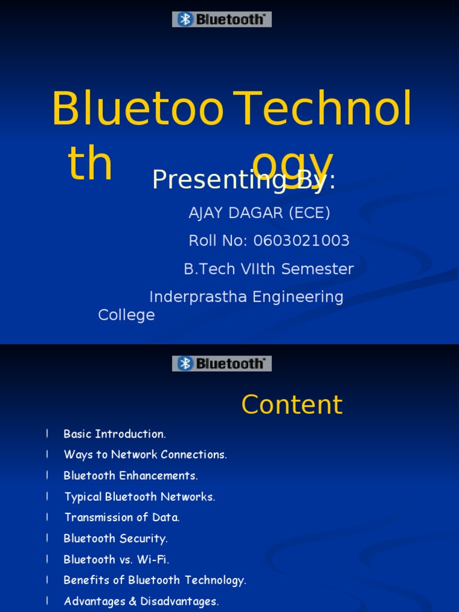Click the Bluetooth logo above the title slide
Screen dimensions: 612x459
[x=222, y=19]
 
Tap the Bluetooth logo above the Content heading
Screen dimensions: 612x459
[x=222, y=363]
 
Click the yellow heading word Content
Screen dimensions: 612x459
[x=292, y=405]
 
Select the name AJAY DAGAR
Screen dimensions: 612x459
[x=229, y=213]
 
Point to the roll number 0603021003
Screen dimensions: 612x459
[x=301, y=241]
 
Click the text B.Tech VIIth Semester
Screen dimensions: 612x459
[x=268, y=269]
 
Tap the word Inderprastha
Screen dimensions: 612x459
[x=198, y=297]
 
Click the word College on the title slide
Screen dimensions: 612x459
[x=126, y=315]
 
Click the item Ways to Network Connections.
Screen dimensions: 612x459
[x=145, y=455]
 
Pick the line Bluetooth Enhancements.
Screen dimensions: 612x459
[x=130, y=476]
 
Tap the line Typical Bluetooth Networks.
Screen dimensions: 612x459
[x=139, y=497]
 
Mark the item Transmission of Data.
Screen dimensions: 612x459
[x=122, y=518]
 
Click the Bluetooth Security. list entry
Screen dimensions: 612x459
[x=115, y=538]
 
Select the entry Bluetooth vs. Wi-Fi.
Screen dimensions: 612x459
[x=116, y=559]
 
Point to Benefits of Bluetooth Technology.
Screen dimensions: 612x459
[x=155, y=580]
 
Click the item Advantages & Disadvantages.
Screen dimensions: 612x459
[x=141, y=601]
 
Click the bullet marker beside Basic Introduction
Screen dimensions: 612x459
[x=47, y=434]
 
